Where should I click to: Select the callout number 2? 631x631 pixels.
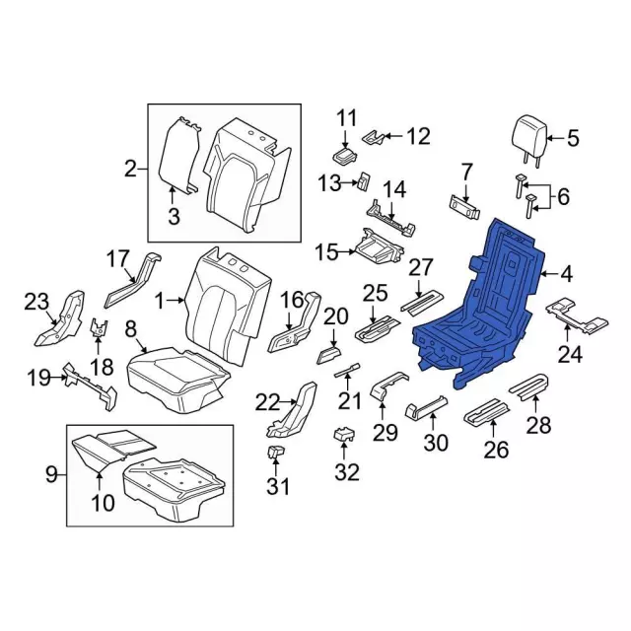130,170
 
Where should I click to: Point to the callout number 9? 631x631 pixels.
51,477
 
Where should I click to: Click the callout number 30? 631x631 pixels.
435,444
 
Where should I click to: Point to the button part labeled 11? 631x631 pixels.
343,157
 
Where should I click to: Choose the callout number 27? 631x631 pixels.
421,266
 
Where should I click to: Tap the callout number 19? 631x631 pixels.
38,376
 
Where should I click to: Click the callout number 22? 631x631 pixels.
267,401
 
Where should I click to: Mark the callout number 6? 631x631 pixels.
563,197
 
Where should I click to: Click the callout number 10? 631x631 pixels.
102,504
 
